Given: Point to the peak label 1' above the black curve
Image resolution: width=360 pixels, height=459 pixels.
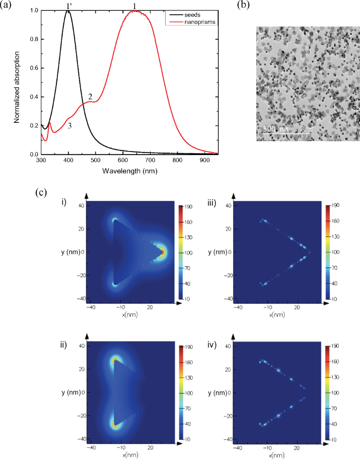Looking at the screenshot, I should pyautogui.click(x=68, y=6).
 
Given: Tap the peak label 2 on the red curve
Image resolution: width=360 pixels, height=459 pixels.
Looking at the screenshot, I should pyautogui.click(x=90, y=96).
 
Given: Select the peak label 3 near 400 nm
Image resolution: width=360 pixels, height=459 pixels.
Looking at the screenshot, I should pyautogui.click(x=70, y=126).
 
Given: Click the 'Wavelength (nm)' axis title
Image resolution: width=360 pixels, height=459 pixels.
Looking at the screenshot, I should pyautogui.click(x=130, y=171).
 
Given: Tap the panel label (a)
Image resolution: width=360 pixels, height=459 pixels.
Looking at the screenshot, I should pyautogui.click(x=8, y=6).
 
